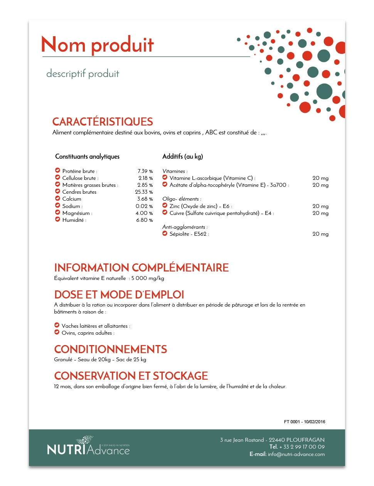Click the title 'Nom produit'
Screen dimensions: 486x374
pos(98,45)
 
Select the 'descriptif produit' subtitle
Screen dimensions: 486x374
pos(83,74)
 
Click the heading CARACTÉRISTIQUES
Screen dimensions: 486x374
pos(103,122)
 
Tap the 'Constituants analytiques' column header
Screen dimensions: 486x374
pos(87,156)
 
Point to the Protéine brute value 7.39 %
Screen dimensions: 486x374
pos(145,171)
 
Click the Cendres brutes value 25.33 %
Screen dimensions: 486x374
pos(144,192)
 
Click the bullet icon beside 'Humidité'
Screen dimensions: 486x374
pos(57,220)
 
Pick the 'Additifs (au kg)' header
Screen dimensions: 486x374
pos(182,156)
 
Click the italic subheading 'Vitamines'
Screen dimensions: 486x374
pos(174,171)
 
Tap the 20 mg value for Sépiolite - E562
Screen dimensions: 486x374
pos(320,234)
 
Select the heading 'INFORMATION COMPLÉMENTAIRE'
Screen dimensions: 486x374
pos(141,268)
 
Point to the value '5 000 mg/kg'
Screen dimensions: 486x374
pos(148,278)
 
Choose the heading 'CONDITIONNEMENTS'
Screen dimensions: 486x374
pos(110,349)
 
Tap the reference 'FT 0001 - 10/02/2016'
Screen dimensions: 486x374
pos(304,422)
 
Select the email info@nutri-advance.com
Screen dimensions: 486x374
pos(296,454)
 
